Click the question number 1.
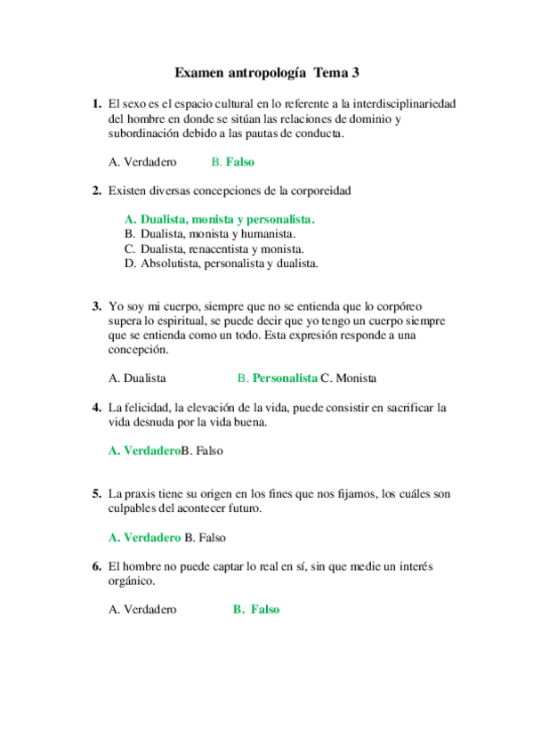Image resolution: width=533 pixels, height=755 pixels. pos(96,104)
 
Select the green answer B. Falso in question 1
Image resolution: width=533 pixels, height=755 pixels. pos(233,162)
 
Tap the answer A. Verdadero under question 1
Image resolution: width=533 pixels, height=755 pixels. pos(142,162)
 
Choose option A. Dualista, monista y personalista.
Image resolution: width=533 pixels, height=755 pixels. pos(220,219)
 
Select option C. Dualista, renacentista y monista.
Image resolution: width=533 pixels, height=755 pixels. pos(214,248)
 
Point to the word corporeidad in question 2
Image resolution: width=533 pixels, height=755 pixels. pos(319,191)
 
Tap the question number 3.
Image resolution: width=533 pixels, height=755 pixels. pos(96,305)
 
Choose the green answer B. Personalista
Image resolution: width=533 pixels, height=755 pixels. pos(278,377)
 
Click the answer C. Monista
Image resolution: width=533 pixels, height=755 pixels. pos(349,377)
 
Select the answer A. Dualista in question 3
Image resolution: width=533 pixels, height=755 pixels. pos(137,377)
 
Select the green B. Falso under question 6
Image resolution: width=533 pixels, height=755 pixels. pos(256,610)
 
